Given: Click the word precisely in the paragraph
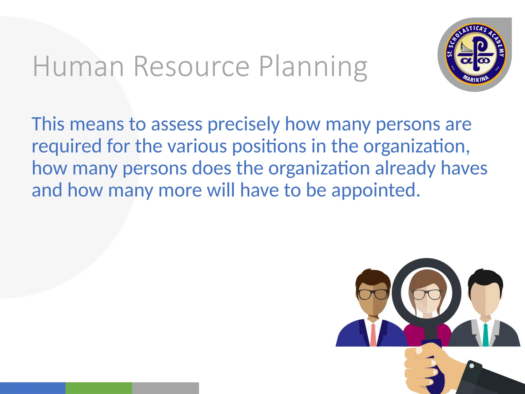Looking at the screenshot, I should tap(244, 125).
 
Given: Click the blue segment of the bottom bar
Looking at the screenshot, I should tap(33, 388).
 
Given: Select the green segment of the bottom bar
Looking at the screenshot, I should tap(99, 388).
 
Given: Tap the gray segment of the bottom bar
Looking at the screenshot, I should tap(166, 388).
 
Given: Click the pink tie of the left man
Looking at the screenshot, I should tap(373, 334).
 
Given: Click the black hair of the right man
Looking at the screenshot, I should tap(485, 280).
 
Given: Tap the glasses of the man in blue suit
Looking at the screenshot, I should tap(373, 294).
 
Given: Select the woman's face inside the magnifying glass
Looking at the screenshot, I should tap(427, 298).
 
